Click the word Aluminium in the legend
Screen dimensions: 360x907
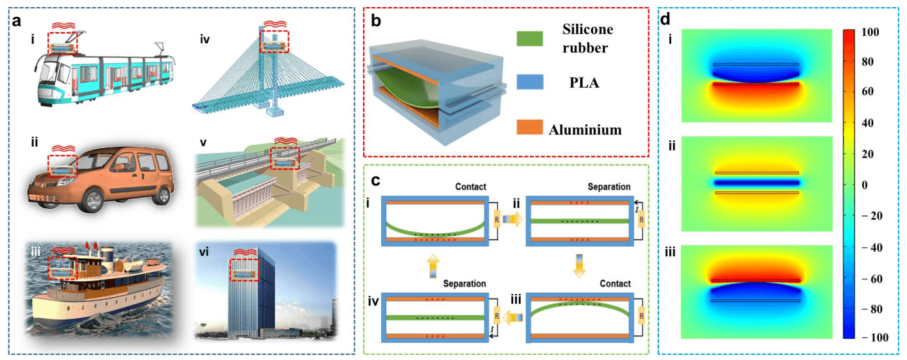pos(585,130)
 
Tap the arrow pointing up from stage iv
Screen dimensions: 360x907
pos(432,265)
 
